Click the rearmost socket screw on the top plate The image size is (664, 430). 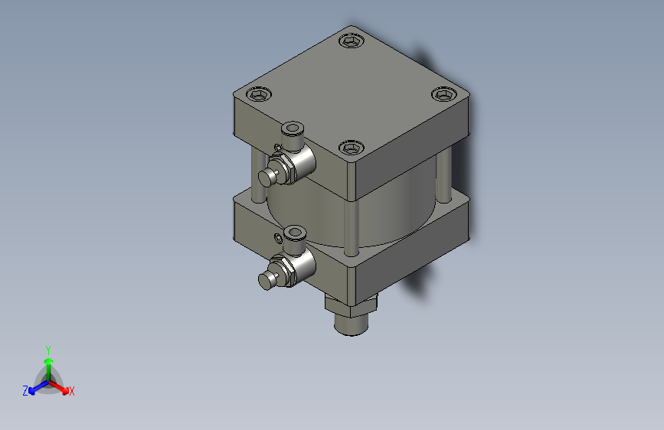351,41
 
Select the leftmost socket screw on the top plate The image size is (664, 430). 259,94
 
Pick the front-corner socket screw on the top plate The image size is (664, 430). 350,147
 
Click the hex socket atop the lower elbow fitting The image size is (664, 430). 292,233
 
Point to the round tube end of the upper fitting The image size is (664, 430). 266,178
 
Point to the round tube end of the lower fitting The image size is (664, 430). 266,282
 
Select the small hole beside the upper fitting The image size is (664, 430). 276,145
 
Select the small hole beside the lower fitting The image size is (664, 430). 276,239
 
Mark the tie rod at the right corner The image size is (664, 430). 443,176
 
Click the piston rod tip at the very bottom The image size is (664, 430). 351,326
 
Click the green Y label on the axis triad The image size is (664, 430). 47,349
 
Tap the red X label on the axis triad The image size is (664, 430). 72,392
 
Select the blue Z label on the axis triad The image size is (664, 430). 25,391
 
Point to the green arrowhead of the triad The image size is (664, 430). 48,360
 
